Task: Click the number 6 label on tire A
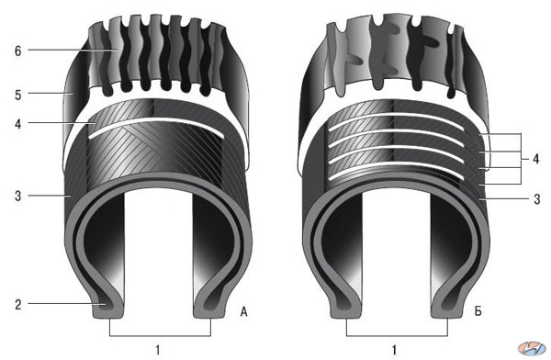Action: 18,51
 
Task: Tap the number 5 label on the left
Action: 18,95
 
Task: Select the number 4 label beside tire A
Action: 18,124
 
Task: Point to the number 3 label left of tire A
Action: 18,196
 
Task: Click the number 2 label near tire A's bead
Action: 18,305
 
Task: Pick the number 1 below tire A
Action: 158,350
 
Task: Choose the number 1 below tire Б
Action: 395,350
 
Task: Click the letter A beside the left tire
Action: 243,311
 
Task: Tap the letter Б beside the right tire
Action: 478,311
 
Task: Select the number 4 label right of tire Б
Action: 535,159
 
